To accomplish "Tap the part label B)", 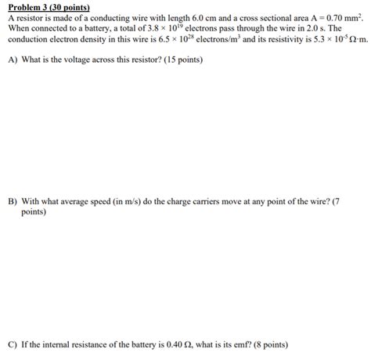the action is [13, 201].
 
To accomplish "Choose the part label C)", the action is [13, 344].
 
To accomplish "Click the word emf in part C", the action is [233, 344].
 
